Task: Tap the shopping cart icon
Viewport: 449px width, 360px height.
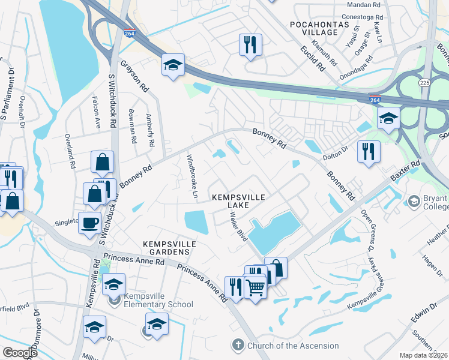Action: coord(256,288)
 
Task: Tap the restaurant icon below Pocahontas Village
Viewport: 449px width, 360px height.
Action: coord(250,44)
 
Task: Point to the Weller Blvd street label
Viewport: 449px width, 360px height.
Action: coord(238,227)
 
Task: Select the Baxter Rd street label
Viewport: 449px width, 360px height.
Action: coord(406,171)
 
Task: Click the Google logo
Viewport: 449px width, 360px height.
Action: coord(20,352)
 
